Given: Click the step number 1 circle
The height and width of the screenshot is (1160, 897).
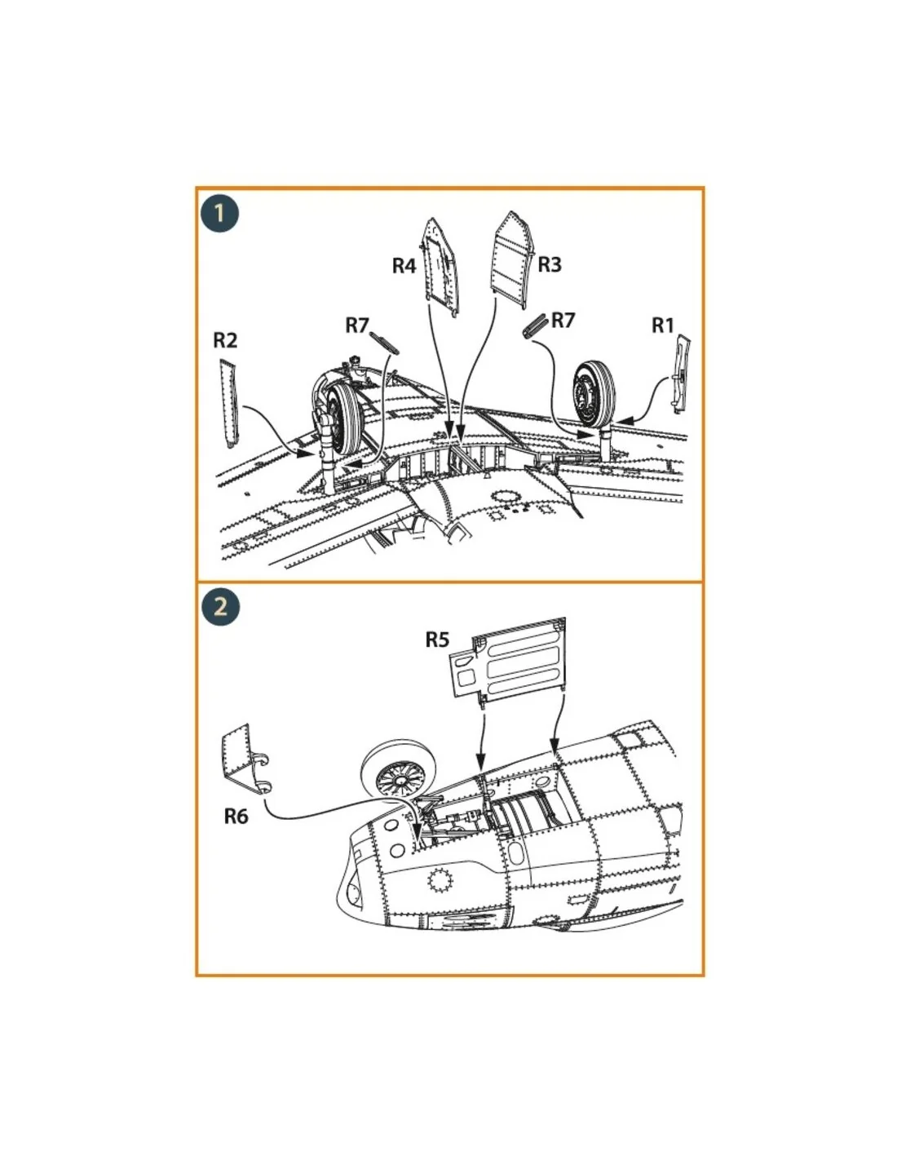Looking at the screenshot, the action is (220, 214).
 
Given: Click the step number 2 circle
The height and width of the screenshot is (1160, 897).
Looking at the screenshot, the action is (220, 607).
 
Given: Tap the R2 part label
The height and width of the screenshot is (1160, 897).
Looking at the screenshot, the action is (224, 340).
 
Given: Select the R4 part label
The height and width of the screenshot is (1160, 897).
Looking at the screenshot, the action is (404, 265).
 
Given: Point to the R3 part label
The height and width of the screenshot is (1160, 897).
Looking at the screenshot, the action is (549, 264).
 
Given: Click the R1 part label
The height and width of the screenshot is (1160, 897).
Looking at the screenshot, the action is (663, 325).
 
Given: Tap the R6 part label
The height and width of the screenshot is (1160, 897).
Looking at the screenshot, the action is (236, 816).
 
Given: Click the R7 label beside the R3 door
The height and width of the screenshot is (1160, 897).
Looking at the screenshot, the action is (563, 321).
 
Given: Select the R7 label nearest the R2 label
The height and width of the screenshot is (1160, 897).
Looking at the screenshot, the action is (357, 325).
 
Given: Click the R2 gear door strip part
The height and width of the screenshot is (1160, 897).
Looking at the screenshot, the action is (229, 404).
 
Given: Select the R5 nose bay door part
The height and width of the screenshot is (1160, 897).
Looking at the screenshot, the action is (507, 660).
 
